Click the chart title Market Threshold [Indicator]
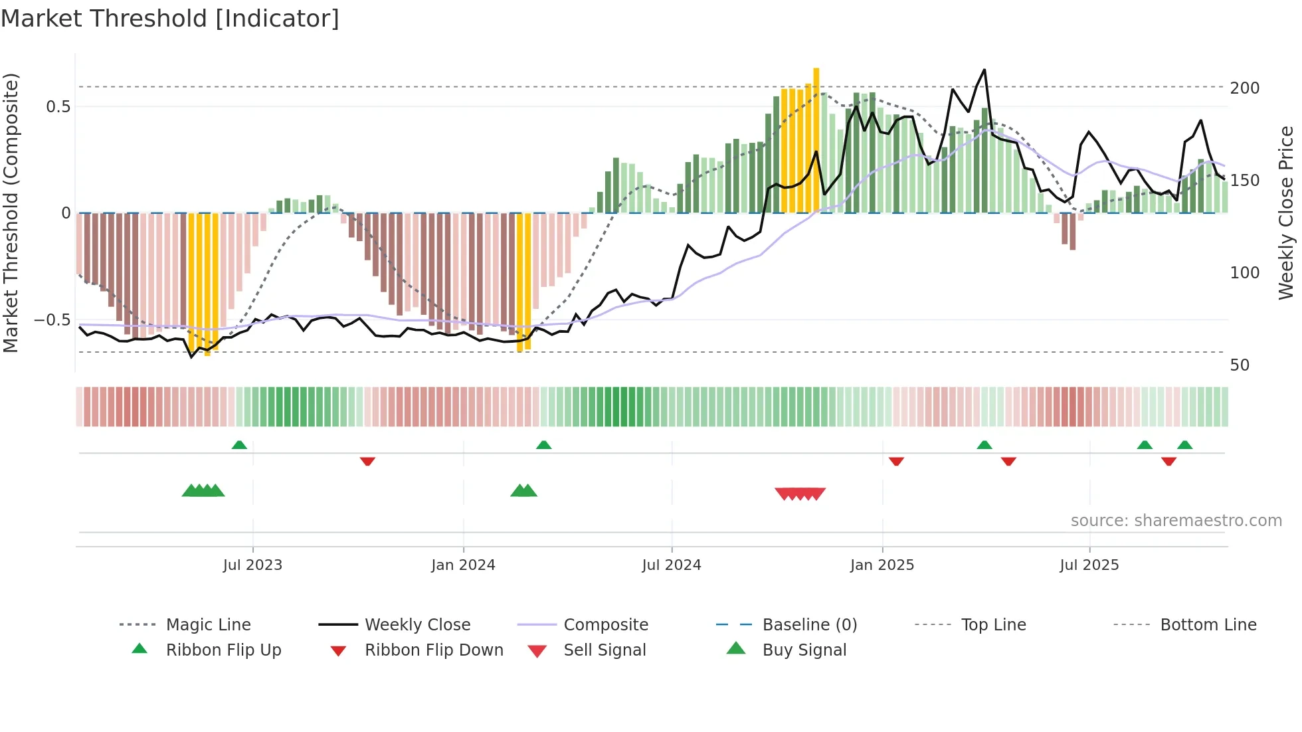click(x=170, y=19)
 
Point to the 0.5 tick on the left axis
click(x=58, y=107)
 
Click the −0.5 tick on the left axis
click(x=52, y=320)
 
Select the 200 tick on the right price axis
click(x=1244, y=88)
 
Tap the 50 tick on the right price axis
click(x=1240, y=365)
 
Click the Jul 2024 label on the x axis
click(x=671, y=565)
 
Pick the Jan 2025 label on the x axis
click(x=882, y=565)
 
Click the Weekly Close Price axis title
click(x=1286, y=213)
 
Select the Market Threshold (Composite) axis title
click(x=11, y=213)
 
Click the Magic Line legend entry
click(x=208, y=625)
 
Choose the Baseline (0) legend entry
click(x=809, y=625)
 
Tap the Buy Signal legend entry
click(x=804, y=650)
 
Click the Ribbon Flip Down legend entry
click(x=433, y=650)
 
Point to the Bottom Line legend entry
click(x=1208, y=625)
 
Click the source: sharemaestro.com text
click(x=1176, y=521)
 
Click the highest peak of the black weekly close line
click(x=984, y=70)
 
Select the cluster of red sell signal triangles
click(x=800, y=494)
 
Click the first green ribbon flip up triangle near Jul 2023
click(x=239, y=445)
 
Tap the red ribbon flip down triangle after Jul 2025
click(x=1168, y=461)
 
